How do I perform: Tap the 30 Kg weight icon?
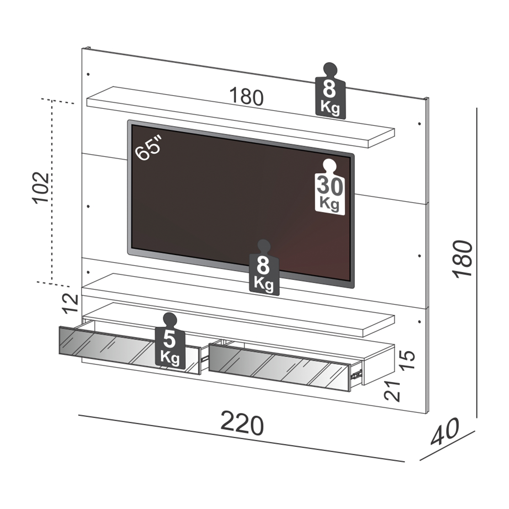330,187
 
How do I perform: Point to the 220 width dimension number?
242,424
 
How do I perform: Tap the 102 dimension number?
41,187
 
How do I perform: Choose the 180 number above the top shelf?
246,97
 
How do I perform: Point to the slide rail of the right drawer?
357,374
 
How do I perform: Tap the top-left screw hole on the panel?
88,74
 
